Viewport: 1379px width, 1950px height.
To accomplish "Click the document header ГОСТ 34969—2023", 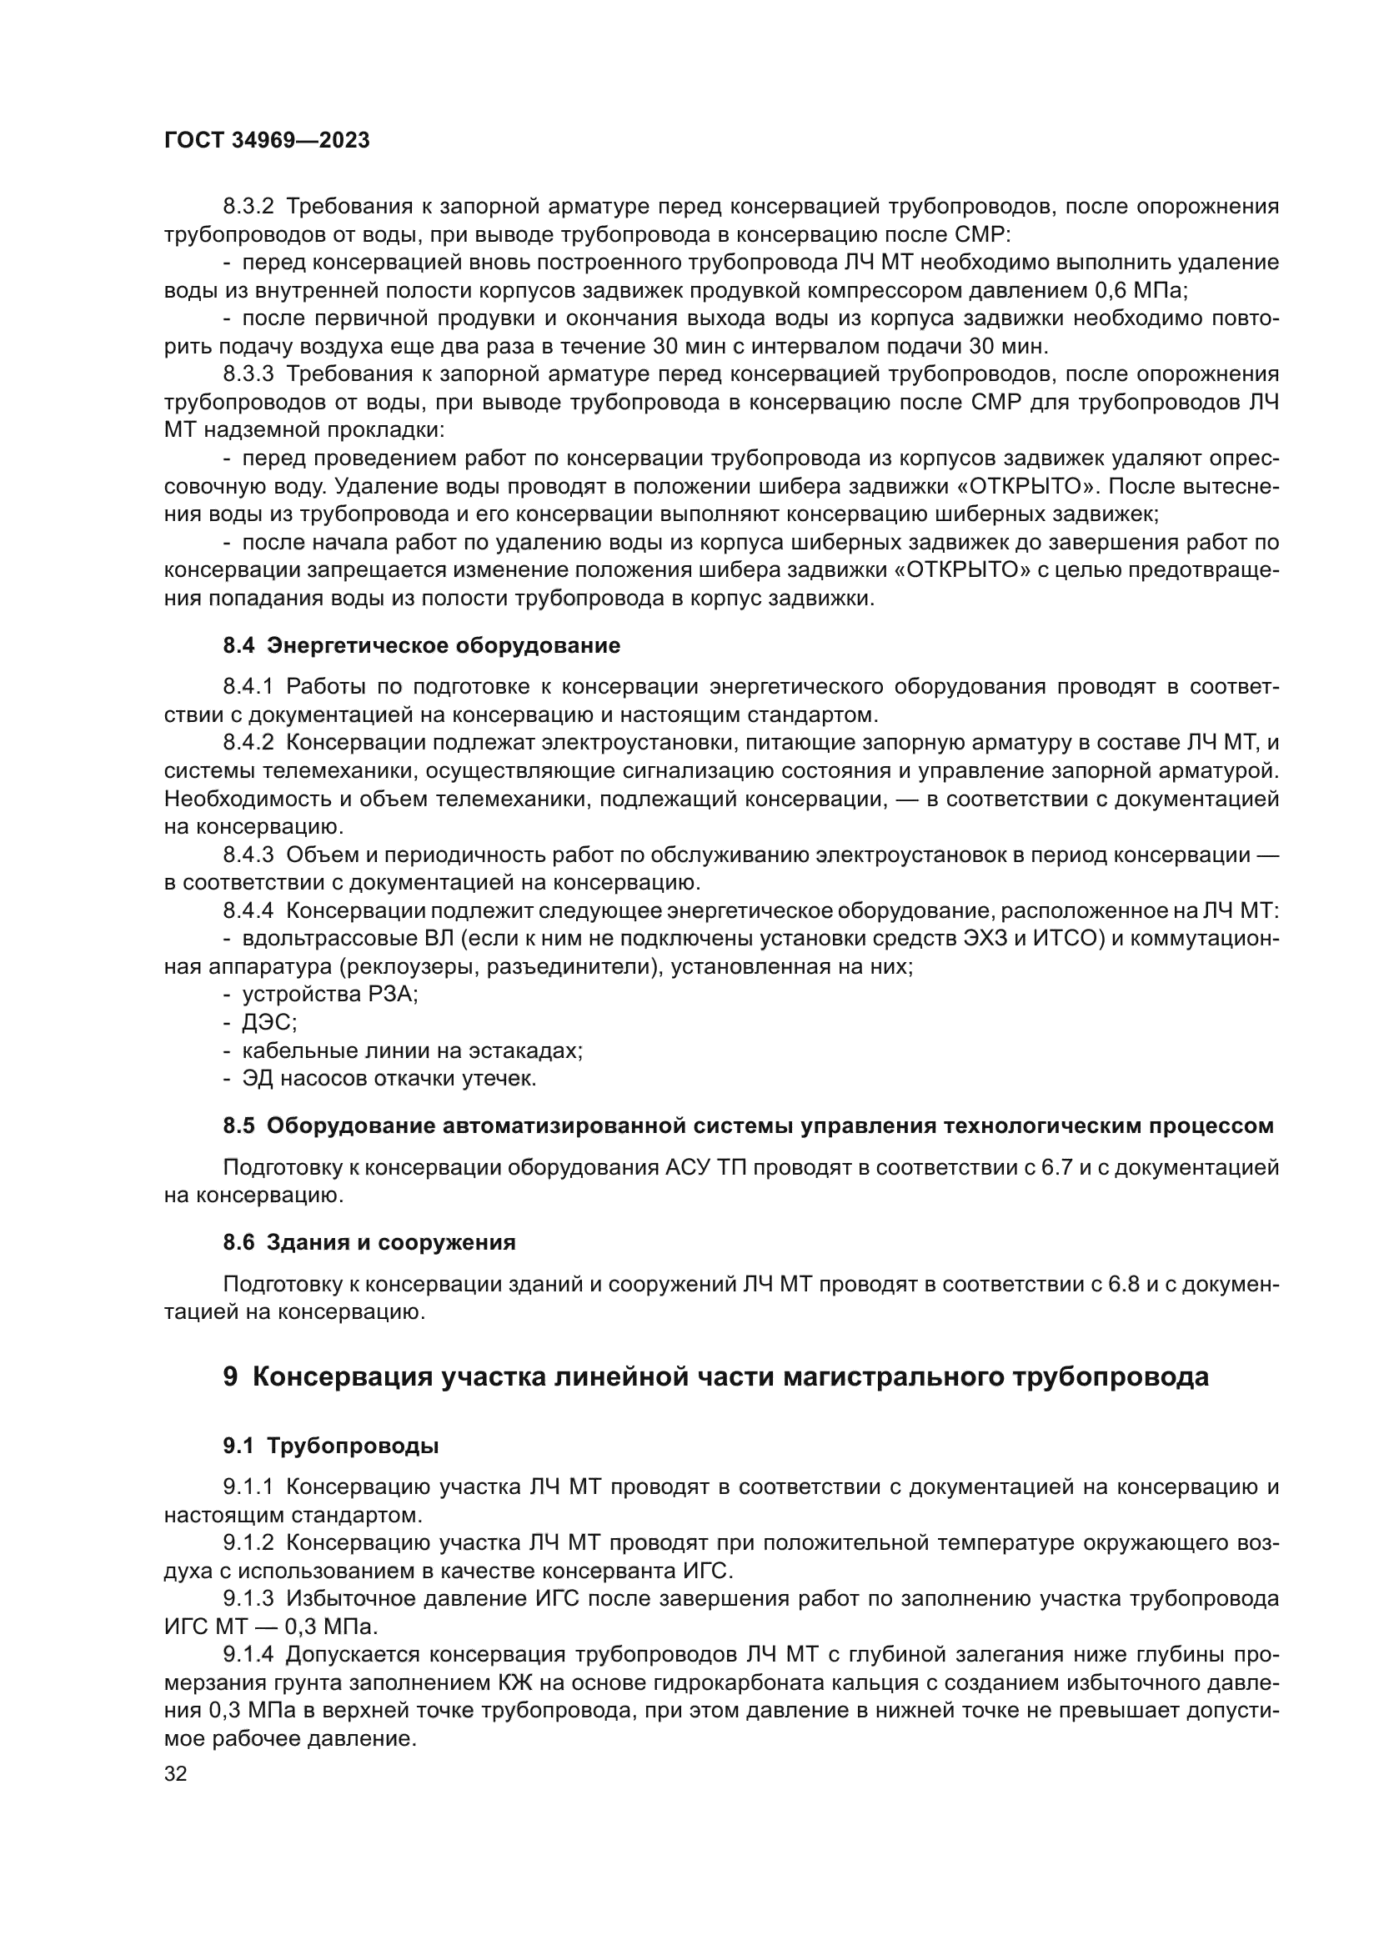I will click(x=267, y=141).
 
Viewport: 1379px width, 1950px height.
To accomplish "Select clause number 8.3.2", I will click(x=248, y=207).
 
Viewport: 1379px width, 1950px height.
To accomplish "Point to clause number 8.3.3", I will click(x=248, y=374).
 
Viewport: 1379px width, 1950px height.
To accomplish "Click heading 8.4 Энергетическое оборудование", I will click(x=421, y=645).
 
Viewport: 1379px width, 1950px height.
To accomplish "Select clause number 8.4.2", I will click(x=248, y=743).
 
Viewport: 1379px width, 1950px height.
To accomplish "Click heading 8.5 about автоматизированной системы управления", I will click(x=747, y=1126).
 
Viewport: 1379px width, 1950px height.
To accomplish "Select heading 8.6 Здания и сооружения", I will click(x=369, y=1242).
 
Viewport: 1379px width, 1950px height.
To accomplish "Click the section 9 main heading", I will click(x=715, y=1376).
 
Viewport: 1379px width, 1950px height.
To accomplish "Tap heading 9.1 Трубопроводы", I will click(x=330, y=1446).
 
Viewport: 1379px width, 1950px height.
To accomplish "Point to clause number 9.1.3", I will click(x=248, y=1599).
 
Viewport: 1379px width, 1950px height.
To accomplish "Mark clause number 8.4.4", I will click(x=248, y=911).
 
